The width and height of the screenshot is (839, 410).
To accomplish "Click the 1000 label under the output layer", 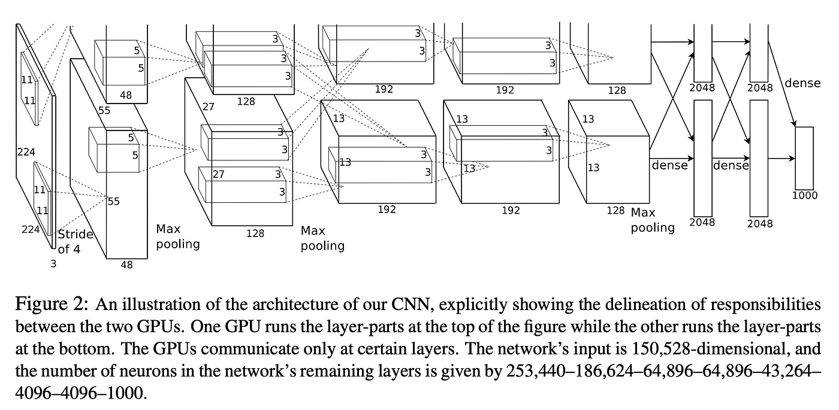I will click(x=805, y=195).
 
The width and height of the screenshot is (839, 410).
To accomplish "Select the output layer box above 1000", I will click(x=804, y=157).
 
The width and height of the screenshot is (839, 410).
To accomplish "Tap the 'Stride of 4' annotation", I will click(x=74, y=241).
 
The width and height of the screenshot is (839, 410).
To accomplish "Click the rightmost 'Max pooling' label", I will click(x=652, y=220).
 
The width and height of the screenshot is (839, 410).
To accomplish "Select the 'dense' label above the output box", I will click(x=802, y=83).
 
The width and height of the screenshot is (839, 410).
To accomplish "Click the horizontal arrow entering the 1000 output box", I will click(x=781, y=159).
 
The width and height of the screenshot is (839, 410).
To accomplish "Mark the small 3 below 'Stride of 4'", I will click(x=53, y=262).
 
